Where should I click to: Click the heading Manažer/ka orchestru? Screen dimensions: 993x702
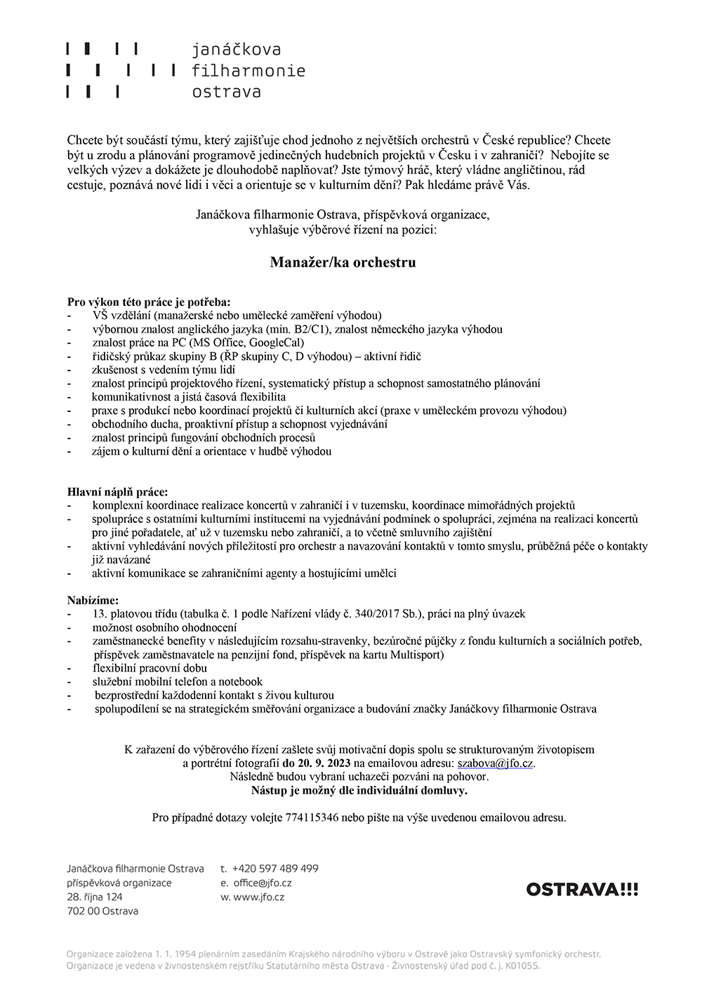coord(343,262)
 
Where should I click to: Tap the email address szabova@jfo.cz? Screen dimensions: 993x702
coord(496,764)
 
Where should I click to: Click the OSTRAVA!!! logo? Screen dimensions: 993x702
coord(582,890)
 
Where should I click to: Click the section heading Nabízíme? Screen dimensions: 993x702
coord(93,601)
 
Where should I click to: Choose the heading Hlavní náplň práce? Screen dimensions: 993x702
coord(117,492)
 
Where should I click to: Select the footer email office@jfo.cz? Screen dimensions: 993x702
coord(262,883)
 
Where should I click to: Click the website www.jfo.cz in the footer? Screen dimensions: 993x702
coord(259,897)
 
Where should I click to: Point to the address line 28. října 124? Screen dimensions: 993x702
coord(95,897)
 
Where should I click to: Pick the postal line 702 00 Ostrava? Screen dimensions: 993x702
coord(102,911)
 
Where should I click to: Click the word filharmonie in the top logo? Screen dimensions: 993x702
coord(249,71)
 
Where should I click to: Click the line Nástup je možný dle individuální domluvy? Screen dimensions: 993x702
coord(359,790)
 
